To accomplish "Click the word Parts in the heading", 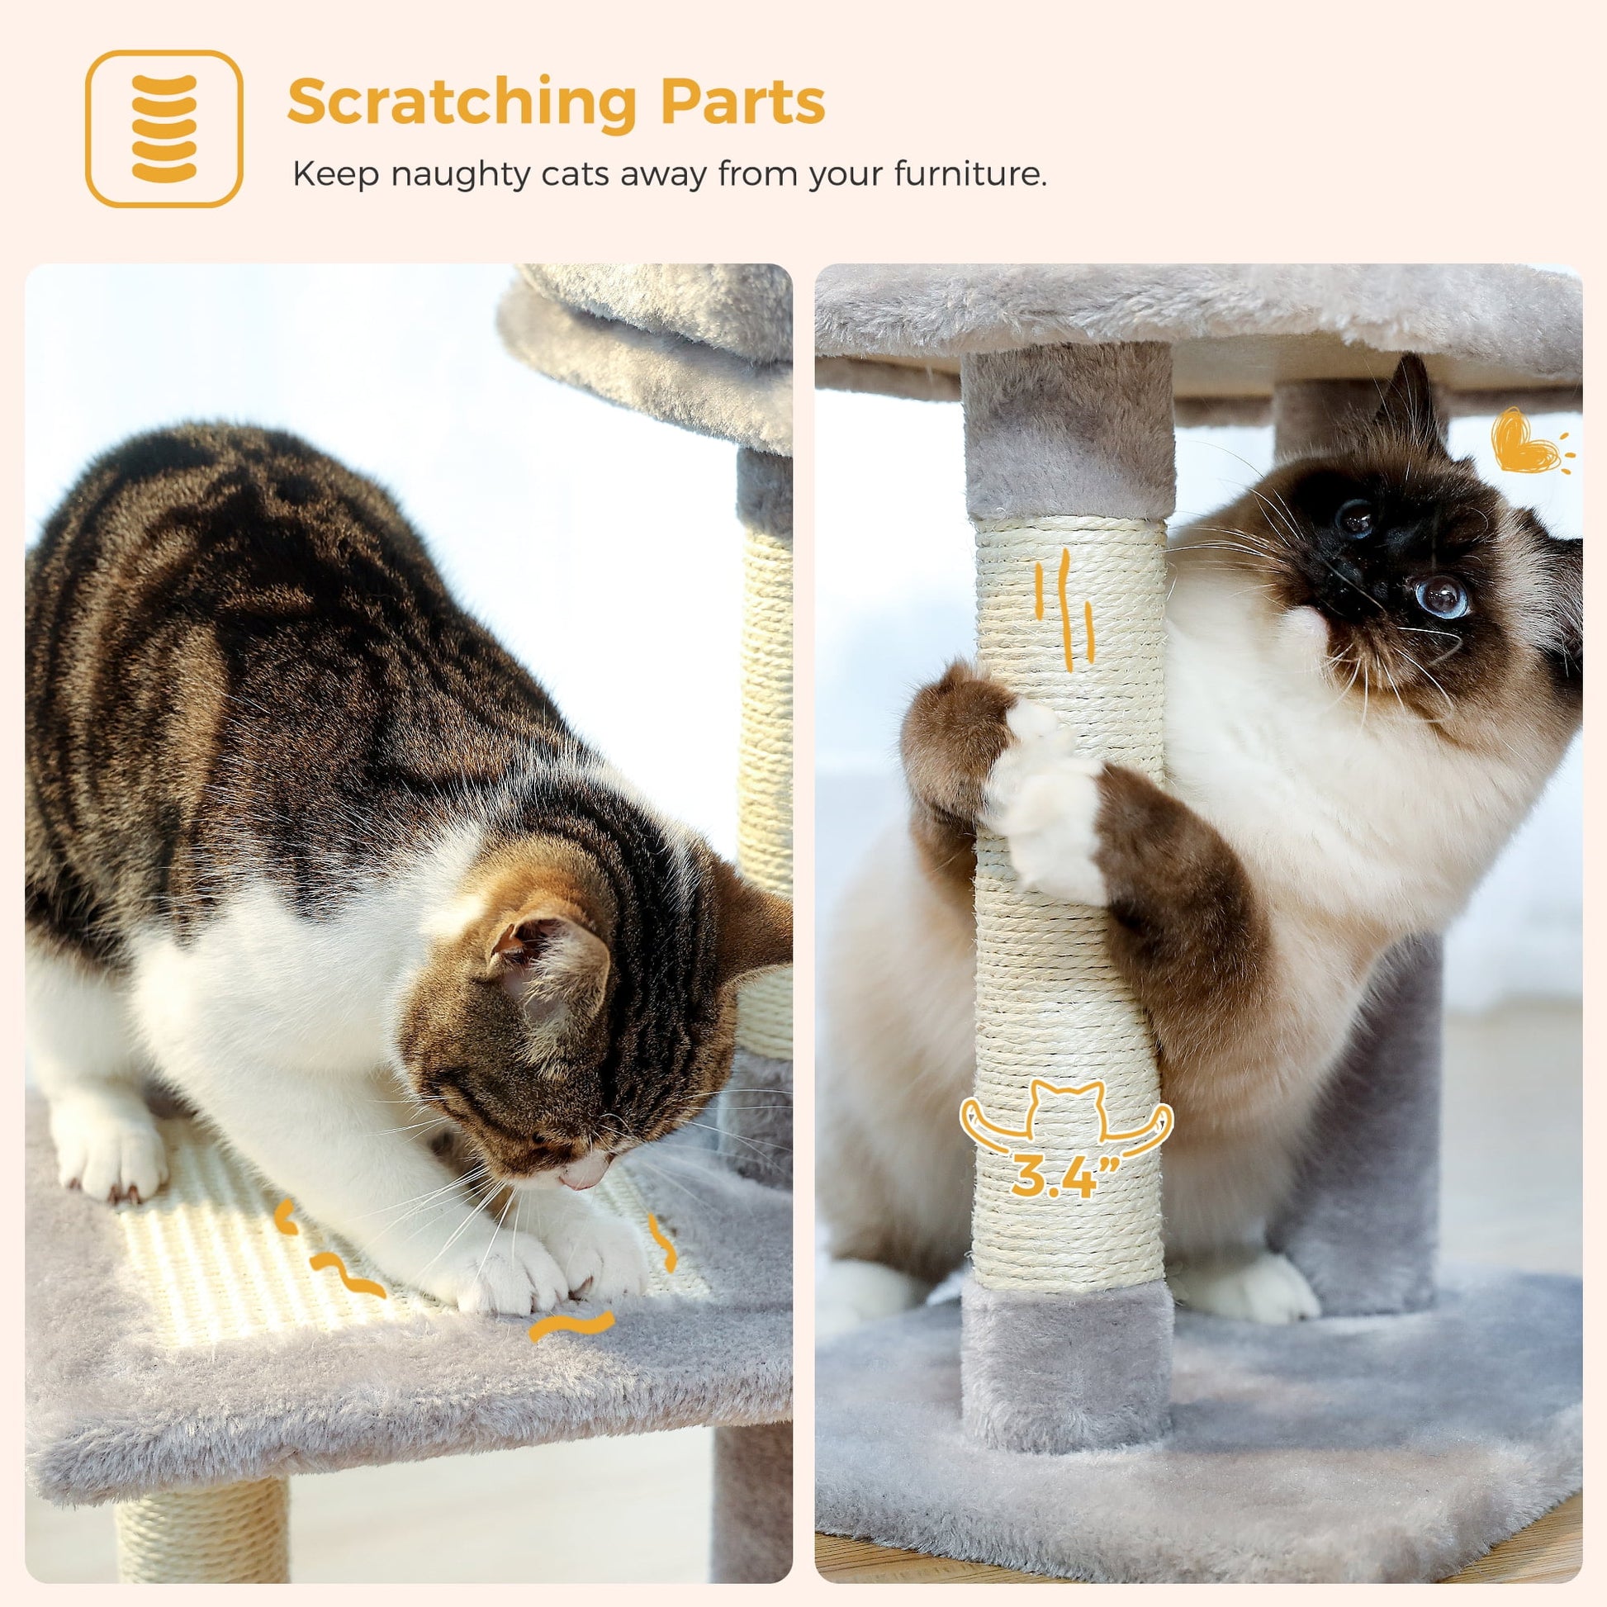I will click(x=742, y=101).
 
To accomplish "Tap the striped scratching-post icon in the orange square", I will click(x=164, y=128).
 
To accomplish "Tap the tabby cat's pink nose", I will click(x=581, y=1175).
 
